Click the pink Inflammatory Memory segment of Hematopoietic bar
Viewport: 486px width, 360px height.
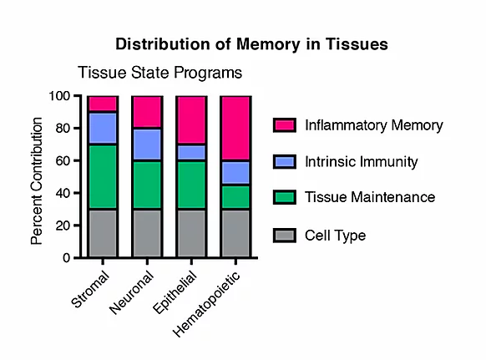pos(235,128)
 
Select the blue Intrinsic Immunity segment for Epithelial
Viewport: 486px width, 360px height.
pos(191,152)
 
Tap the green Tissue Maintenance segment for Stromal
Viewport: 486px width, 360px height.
pos(103,176)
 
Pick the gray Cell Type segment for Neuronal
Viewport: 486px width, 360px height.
pos(147,233)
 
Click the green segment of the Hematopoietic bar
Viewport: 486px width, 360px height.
pos(235,197)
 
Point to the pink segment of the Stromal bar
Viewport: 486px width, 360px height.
pos(103,104)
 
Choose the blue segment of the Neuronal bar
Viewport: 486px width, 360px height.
pos(147,145)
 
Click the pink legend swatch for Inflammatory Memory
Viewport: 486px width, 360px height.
pos(285,125)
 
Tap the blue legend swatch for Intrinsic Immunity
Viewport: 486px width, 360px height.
pos(285,161)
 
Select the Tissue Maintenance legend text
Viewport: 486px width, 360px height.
pos(370,197)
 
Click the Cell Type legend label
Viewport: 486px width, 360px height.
pos(336,236)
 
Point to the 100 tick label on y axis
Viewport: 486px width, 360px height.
pos(59,96)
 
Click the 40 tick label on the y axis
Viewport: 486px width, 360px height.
pos(63,193)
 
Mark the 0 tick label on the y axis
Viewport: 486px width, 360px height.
pos(67,258)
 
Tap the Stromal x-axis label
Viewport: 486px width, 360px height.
pos(90,289)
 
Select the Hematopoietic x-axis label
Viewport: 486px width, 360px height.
pos(206,304)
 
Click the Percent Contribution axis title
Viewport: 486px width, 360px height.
pos(37,181)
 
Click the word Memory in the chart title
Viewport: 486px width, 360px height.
pos(268,44)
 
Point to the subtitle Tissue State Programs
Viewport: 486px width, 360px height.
pos(160,73)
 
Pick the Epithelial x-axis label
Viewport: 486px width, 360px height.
pos(175,292)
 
